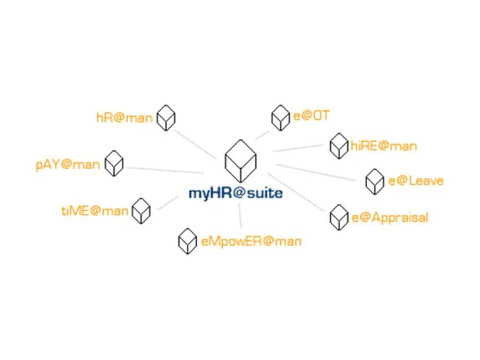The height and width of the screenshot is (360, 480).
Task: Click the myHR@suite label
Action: [x=236, y=193]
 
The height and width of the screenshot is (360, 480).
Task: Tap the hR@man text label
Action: [x=124, y=118]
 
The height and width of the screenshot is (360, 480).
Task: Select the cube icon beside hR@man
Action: [x=167, y=117]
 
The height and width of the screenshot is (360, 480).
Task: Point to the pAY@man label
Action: [x=68, y=164]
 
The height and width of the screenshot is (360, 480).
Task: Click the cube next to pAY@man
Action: [x=114, y=162]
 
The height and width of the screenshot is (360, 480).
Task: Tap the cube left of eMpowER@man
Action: [x=188, y=240]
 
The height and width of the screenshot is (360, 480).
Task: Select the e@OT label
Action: [x=311, y=116]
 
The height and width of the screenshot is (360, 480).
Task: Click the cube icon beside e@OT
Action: [x=280, y=116]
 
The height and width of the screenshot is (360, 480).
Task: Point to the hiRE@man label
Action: [x=383, y=146]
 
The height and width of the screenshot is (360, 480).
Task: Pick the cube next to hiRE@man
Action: [x=338, y=146]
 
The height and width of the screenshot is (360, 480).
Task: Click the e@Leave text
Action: [x=416, y=180]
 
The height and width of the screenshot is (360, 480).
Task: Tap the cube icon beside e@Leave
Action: [x=374, y=180]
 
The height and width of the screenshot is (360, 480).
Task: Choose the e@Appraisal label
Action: [x=390, y=218]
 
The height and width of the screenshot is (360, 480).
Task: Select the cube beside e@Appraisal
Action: [x=339, y=217]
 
